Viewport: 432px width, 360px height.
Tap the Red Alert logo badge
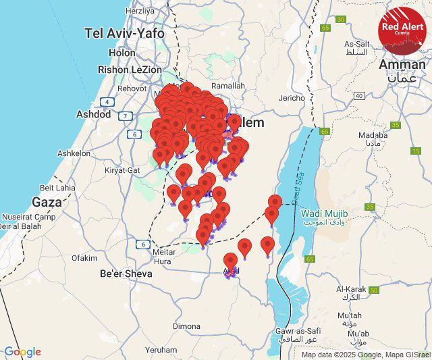[403, 30]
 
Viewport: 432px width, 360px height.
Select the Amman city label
[402, 64]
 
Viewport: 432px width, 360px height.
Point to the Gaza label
[47, 201]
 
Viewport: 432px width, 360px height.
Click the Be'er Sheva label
[126, 274]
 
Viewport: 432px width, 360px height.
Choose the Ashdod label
[93, 114]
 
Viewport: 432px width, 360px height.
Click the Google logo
[22, 352]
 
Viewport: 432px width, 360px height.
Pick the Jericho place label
[292, 98]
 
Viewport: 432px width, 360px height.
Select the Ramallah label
[227, 86]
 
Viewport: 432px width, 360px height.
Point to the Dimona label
[186, 326]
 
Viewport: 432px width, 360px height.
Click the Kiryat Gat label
[122, 170]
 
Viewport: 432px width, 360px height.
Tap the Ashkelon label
[74, 153]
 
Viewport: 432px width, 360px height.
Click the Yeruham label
[161, 351]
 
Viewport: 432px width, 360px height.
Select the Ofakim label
[84, 257]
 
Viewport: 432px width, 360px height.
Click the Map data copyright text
[365, 355]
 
